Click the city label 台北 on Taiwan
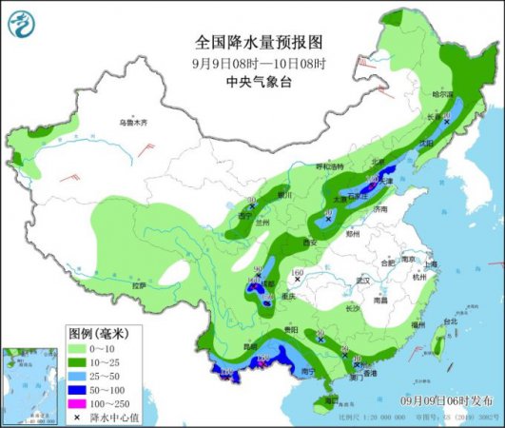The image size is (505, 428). coord(437,321)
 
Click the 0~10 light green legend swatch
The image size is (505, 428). coord(78,348)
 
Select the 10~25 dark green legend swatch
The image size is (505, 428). coord(78,362)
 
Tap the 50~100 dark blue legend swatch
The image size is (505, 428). coord(78,391)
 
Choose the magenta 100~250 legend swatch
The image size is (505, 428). coord(78,405)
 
